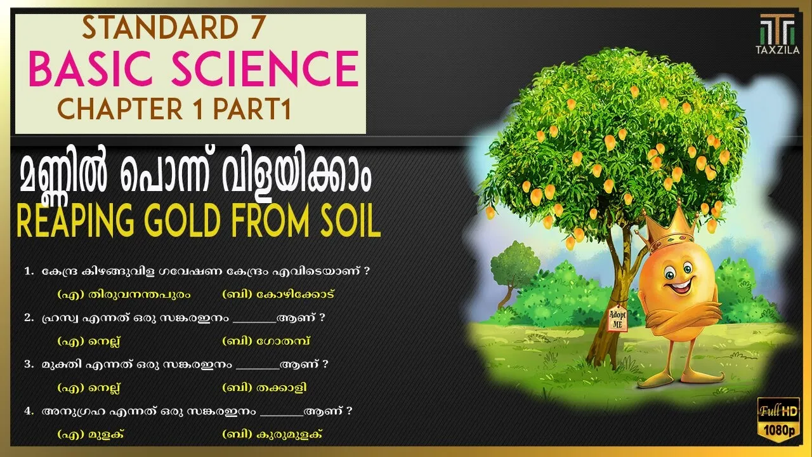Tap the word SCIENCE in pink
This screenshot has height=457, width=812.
click(x=265, y=69)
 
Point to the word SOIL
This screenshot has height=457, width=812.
click(x=348, y=221)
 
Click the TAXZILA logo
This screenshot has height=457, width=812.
click(x=778, y=34)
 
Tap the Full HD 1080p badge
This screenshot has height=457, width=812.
click(x=778, y=420)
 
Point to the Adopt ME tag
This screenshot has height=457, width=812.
click(x=618, y=319)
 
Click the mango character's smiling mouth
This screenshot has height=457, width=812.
click(x=680, y=285)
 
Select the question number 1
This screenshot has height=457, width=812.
click(x=29, y=271)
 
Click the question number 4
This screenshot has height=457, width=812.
click(x=29, y=411)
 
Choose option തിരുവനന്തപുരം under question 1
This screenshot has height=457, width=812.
click(x=140, y=294)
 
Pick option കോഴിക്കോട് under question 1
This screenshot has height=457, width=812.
click(x=295, y=294)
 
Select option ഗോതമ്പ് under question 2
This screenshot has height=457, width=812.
click(x=284, y=341)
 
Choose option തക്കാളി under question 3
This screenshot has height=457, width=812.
click(x=281, y=388)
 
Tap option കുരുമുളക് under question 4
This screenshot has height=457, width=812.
click(x=289, y=434)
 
